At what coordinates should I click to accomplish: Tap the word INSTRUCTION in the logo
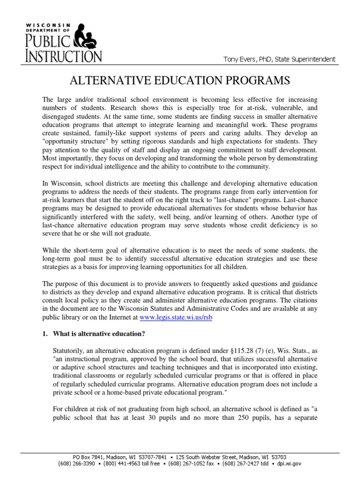click(x=63, y=56)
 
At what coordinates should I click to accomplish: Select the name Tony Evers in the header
click(x=240, y=59)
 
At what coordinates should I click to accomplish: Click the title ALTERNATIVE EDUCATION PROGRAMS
click(x=180, y=81)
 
